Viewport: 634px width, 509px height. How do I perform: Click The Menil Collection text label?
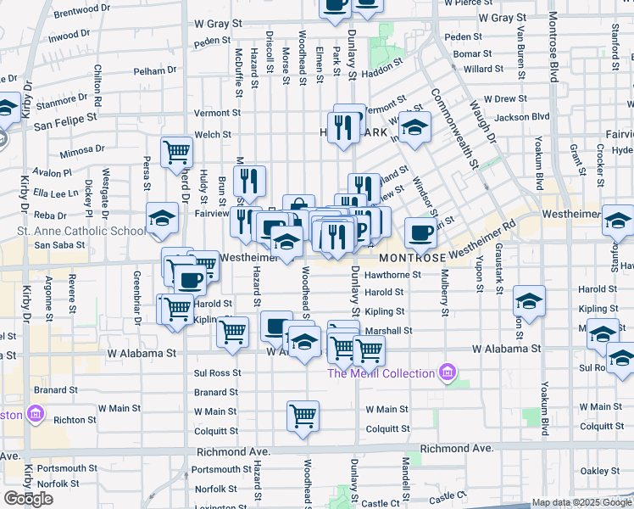(381, 373)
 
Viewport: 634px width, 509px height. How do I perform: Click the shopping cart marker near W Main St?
(303, 416)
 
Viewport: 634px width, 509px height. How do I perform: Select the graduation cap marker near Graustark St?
(529, 301)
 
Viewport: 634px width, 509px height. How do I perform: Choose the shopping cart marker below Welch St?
(177, 153)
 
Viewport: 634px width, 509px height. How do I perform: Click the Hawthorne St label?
(392, 275)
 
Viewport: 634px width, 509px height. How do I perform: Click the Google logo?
(28, 499)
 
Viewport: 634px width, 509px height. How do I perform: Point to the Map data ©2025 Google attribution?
(581, 502)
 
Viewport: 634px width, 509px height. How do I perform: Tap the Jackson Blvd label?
(522, 117)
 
